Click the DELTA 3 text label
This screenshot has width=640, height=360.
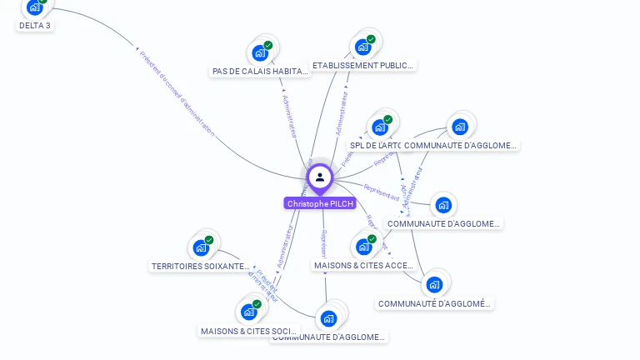[x=35, y=26]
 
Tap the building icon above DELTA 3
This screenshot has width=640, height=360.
[x=34, y=7]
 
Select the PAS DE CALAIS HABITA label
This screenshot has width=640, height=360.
[x=260, y=72]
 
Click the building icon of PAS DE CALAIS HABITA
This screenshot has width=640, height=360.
[x=260, y=53]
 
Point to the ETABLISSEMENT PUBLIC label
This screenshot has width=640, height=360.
[x=362, y=65]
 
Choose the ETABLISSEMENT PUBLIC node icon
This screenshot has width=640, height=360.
[x=362, y=47]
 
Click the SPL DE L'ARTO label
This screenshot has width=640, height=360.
[x=375, y=145]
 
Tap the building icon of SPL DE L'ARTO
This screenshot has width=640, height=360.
[x=380, y=127]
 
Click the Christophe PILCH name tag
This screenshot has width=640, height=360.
[x=320, y=203]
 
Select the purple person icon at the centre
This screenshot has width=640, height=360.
[x=320, y=177]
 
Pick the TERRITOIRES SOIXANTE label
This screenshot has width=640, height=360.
[x=200, y=267]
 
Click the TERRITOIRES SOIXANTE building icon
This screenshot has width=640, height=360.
[x=200, y=247]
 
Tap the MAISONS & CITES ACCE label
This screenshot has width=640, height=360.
[x=363, y=265]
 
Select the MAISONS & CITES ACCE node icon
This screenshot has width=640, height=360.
[x=363, y=247]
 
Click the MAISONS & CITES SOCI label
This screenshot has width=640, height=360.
[x=248, y=331]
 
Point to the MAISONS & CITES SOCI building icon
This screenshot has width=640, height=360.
[x=248, y=312]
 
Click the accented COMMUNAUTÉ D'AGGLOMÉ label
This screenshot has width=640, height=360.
[x=434, y=303]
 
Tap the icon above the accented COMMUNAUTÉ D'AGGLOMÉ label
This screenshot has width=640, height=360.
[x=434, y=285]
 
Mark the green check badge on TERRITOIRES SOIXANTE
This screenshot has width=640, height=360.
[x=209, y=240]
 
